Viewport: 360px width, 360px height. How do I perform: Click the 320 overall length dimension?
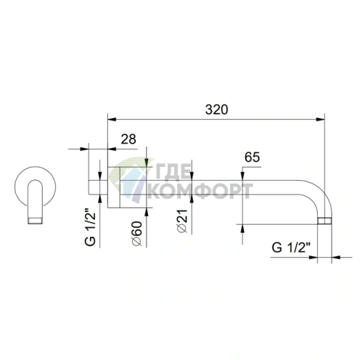(x=216, y=110)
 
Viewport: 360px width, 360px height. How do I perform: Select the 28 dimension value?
(x=128, y=139)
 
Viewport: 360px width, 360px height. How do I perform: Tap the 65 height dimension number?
(x=252, y=157)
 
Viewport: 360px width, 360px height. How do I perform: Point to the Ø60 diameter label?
(x=136, y=234)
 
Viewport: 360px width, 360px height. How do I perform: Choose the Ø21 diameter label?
(x=182, y=221)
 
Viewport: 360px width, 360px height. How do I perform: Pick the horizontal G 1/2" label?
(x=291, y=247)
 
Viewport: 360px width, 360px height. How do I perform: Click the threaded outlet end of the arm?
(x=324, y=221)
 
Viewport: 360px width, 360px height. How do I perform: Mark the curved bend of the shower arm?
(x=319, y=194)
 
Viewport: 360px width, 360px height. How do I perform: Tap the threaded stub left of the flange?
(x=98, y=187)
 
